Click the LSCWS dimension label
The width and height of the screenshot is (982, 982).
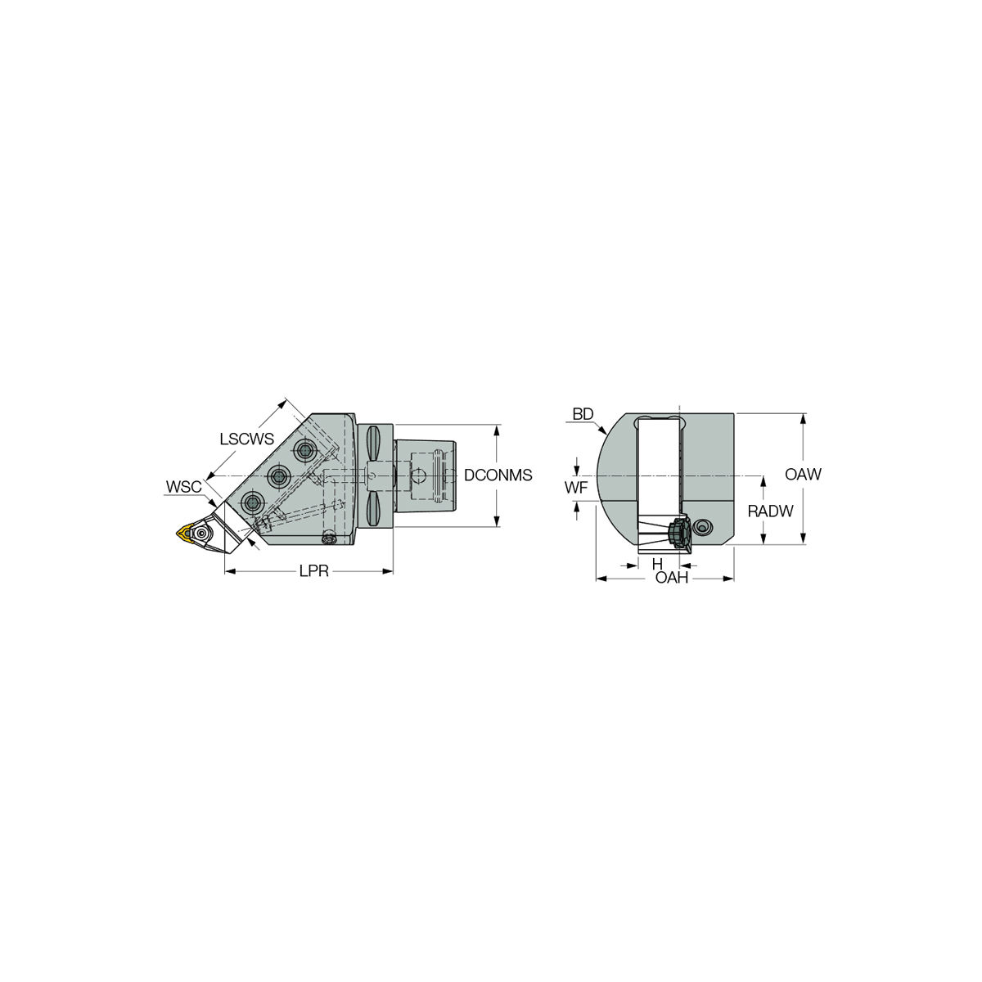[246, 439]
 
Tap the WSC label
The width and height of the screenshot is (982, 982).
[183, 487]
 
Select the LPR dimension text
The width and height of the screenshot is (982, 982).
[314, 571]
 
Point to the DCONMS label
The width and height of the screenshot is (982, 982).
[498, 475]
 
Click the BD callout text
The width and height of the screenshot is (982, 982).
[583, 414]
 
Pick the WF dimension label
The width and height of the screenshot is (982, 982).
[576, 488]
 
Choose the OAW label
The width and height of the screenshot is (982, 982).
[803, 475]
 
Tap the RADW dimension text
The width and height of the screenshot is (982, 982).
[771, 511]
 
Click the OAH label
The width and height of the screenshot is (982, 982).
[672, 578]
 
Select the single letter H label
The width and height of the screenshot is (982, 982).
[657, 564]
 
